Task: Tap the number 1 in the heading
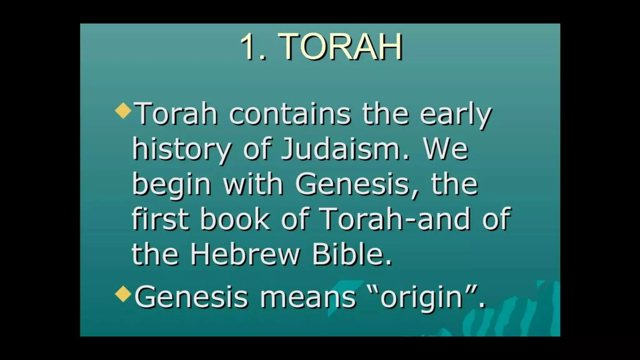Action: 251,47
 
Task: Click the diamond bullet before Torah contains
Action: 123,111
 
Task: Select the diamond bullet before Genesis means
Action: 123,294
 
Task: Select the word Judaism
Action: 341,149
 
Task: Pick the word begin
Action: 172,185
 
